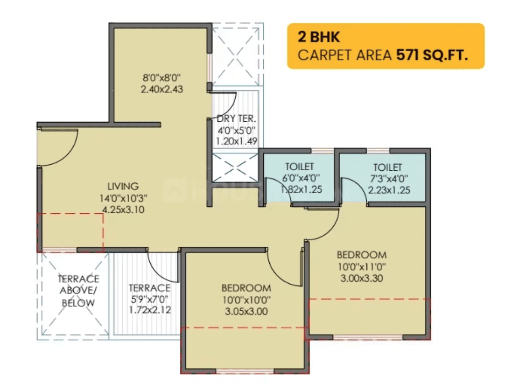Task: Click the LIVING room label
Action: [123, 186]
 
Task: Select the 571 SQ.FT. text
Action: [432, 55]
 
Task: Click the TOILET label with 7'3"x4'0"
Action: [387, 168]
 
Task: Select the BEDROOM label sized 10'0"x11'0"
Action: [362, 255]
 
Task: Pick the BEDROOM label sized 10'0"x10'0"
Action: [246, 288]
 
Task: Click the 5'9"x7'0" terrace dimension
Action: [149, 299]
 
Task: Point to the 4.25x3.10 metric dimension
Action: [123, 210]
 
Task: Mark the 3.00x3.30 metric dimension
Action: [362, 278]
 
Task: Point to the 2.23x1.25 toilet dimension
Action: [387, 191]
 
